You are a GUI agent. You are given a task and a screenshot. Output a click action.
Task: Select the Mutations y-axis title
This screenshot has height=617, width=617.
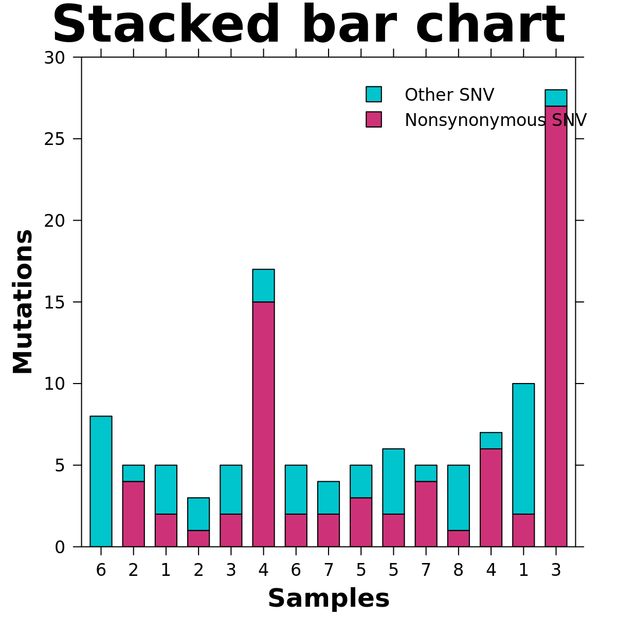tap(23, 302)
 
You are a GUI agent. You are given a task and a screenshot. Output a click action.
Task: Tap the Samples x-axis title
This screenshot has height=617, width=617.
tap(329, 598)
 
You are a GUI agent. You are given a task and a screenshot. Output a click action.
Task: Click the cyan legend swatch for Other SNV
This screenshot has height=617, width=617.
tap(374, 94)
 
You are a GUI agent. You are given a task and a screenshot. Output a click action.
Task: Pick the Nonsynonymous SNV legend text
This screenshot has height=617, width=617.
tap(495, 120)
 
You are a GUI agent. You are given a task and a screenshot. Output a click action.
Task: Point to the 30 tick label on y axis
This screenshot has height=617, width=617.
tap(55, 58)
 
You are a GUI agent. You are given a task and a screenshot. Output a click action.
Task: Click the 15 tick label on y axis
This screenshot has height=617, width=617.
tap(55, 302)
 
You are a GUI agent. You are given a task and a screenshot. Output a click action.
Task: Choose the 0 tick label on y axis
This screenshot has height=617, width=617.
tap(60, 547)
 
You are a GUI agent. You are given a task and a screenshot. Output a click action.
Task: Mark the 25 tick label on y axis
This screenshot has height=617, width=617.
tap(55, 139)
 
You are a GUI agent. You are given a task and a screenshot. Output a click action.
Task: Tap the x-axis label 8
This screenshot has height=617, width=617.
tap(458, 570)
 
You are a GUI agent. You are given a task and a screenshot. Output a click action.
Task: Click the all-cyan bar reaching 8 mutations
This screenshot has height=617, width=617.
tap(101, 481)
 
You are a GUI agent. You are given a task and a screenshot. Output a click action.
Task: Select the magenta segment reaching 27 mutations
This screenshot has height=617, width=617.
tap(556, 326)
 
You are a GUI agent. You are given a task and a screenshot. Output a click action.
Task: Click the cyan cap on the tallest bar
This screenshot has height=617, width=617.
tap(556, 98)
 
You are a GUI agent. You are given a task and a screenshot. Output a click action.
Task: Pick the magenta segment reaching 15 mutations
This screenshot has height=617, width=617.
tap(263, 424)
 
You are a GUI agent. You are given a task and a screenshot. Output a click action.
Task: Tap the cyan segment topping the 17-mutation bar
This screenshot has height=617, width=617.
tap(263, 285)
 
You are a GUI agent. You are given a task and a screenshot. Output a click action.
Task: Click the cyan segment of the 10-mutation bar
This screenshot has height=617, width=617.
tap(523, 448)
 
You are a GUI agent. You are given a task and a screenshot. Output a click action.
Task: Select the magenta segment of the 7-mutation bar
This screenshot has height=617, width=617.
tap(491, 497)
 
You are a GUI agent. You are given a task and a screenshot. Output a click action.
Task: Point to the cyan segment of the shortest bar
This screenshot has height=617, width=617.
tap(198, 514)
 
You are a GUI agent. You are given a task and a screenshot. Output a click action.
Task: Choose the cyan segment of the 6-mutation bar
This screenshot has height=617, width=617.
tap(393, 481)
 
